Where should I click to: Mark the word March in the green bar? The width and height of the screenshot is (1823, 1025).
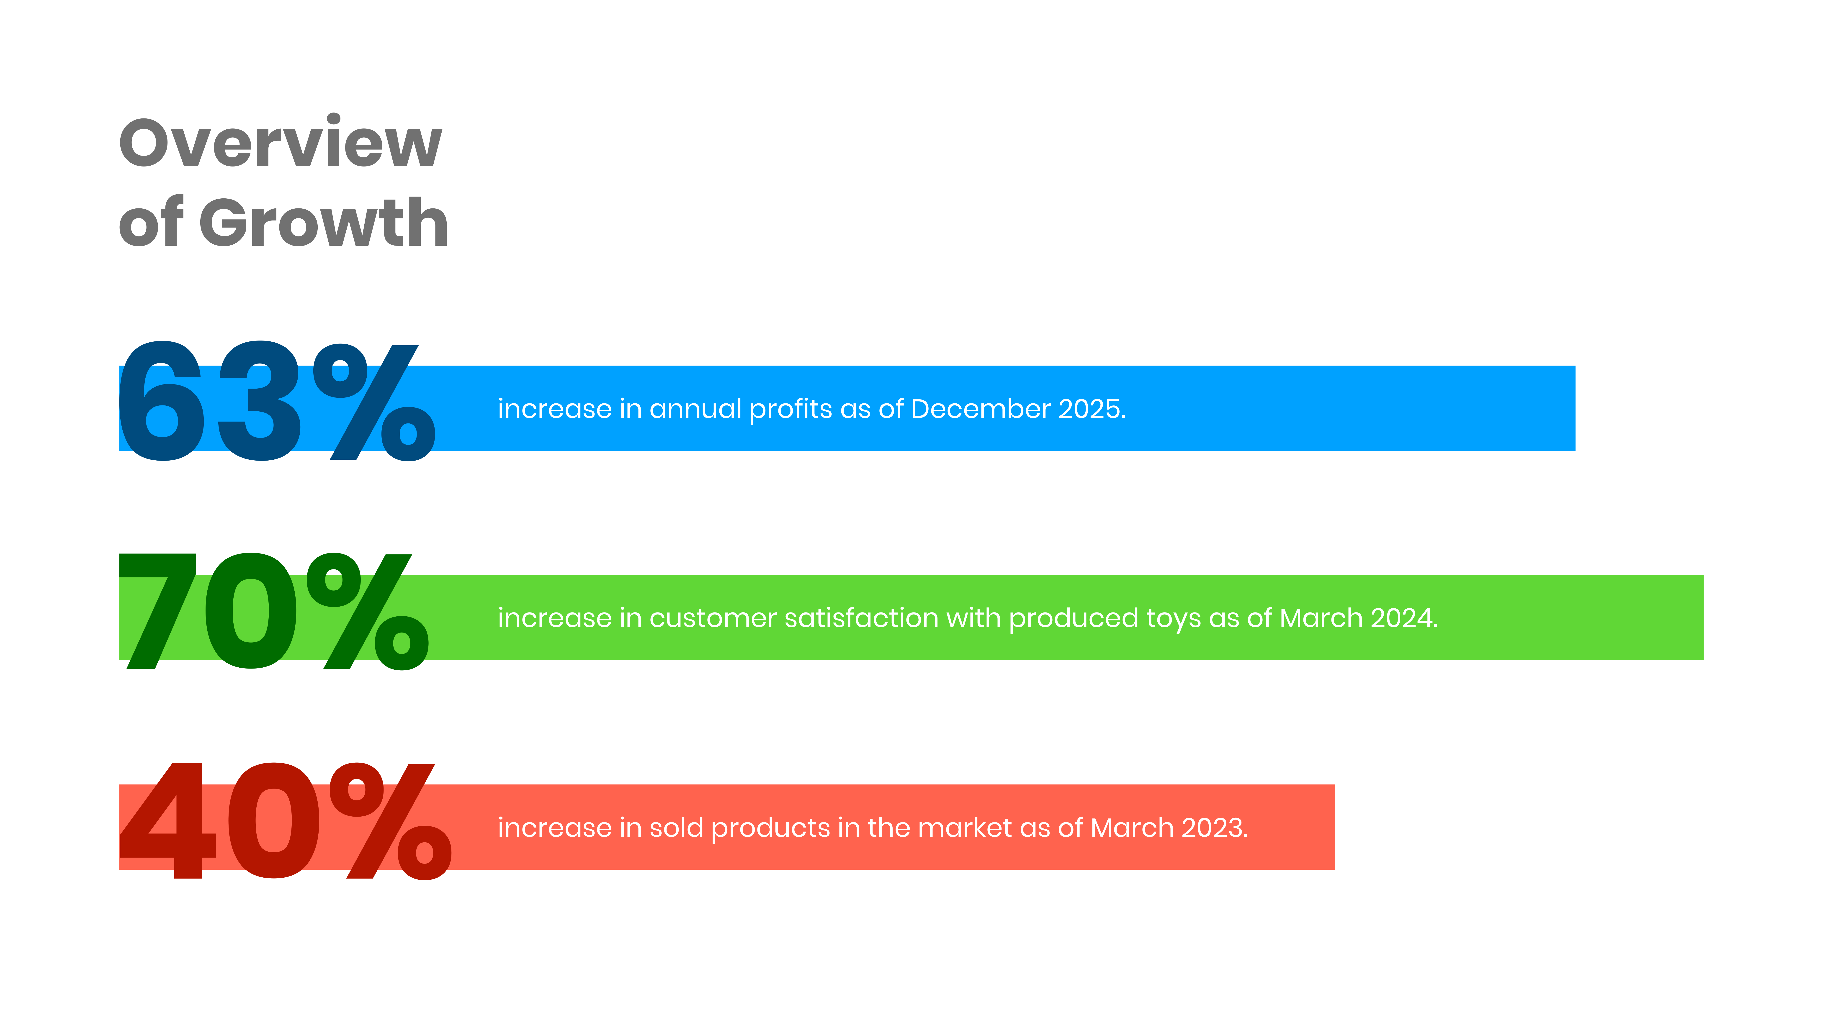click(1321, 618)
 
